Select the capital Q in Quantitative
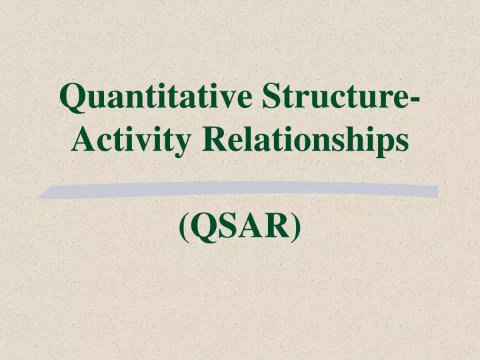coord(72,98)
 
